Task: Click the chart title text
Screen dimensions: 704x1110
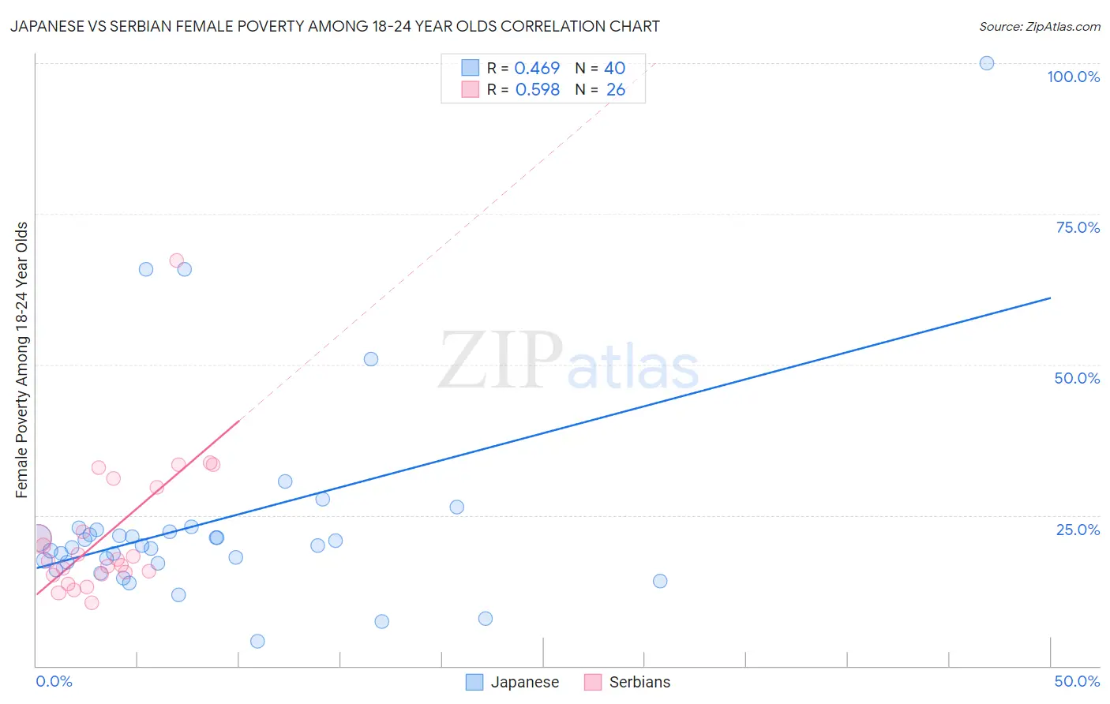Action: tap(335, 26)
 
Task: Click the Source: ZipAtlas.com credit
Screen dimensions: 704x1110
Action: tap(1039, 26)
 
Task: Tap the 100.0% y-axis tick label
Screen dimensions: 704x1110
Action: tap(1073, 77)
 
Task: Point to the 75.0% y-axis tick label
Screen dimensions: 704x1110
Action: tap(1078, 227)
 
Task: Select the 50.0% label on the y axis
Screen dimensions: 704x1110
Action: tap(1077, 378)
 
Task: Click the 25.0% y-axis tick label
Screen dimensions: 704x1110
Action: tap(1078, 530)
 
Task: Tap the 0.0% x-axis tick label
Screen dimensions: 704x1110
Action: tap(54, 681)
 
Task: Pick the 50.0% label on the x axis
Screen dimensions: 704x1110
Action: tap(1077, 681)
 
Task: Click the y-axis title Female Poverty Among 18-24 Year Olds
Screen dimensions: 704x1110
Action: tap(22, 360)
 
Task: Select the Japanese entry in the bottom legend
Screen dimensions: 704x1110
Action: tap(524, 682)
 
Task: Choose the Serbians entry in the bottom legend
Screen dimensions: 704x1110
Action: tap(639, 682)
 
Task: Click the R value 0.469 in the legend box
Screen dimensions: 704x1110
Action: tap(537, 69)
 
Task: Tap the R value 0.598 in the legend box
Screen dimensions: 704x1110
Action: tap(537, 90)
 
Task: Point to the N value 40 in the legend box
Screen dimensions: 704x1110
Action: tap(614, 69)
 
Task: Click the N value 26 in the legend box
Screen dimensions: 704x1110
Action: tap(615, 90)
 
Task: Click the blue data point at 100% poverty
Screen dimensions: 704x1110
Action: tap(986, 63)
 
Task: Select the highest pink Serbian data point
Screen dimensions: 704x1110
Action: tap(177, 260)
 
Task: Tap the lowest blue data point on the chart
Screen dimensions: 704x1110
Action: tap(257, 641)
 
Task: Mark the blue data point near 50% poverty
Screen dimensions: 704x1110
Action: tap(370, 359)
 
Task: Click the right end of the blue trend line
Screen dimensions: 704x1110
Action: tap(1050, 298)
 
